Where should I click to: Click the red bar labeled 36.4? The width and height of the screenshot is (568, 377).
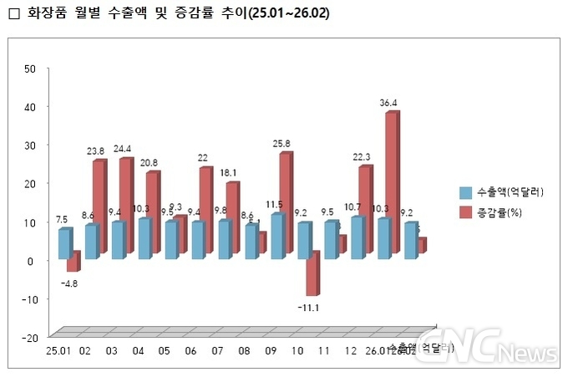coord(391,183)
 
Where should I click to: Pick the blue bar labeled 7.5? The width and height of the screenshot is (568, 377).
coord(63,242)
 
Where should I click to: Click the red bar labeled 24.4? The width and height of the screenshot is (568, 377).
coord(124,206)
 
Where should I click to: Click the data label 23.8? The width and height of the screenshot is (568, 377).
coord(95,151)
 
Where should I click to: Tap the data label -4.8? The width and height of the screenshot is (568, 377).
coord(69,283)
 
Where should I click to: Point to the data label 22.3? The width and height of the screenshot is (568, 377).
coord(362,157)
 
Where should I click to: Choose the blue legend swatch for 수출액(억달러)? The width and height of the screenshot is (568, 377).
coord(465,191)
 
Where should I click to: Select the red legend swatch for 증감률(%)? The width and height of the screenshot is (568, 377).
coord(465,213)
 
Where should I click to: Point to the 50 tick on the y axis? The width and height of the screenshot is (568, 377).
coord(30,69)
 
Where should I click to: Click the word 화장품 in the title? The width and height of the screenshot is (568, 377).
coord(46,14)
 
